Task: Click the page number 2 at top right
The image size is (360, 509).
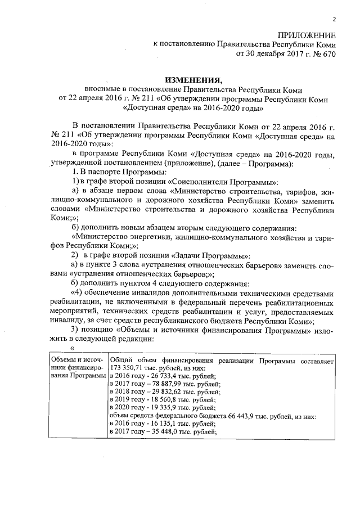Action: point(334,19)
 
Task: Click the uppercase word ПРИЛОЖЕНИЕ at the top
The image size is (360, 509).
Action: point(308,35)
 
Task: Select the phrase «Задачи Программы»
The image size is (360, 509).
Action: point(206,255)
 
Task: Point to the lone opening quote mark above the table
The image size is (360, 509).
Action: point(71,347)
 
